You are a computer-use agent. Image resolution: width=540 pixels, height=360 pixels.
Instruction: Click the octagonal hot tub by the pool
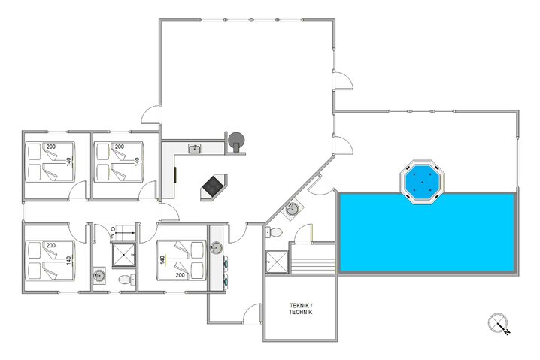[421, 180]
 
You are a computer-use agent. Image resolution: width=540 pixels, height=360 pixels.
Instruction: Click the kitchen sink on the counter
[194, 149]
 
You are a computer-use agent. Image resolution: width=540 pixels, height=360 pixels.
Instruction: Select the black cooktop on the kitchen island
[214, 184]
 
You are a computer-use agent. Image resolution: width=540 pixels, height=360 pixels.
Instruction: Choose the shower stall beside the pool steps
[277, 262]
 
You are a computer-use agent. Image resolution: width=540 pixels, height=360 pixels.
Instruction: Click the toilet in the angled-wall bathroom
[277, 233]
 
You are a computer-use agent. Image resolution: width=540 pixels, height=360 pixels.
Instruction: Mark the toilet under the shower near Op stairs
[124, 280]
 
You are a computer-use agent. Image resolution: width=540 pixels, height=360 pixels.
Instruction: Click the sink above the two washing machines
[217, 246]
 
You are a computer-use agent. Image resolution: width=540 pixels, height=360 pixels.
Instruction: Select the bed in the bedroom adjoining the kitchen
[119, 162]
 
